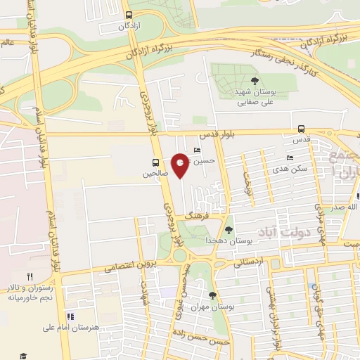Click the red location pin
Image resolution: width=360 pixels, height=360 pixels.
tap(181, 165)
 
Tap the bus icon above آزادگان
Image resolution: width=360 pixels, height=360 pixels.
tap(128, 14)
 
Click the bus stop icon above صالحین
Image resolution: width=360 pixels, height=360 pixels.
tap(155, 162)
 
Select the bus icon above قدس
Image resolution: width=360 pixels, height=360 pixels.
tap(301, 129)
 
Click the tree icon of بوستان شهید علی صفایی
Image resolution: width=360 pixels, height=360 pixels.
tap(255, 79)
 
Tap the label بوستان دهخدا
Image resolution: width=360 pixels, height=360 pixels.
tap(228, 240)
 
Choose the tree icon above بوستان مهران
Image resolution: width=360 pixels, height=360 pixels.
tap(213, 295)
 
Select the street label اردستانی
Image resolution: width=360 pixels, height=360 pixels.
tap(247, 263)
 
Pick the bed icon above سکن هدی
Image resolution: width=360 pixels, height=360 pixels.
tap(289, 158)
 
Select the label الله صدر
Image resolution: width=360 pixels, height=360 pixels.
tap(345, 207)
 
